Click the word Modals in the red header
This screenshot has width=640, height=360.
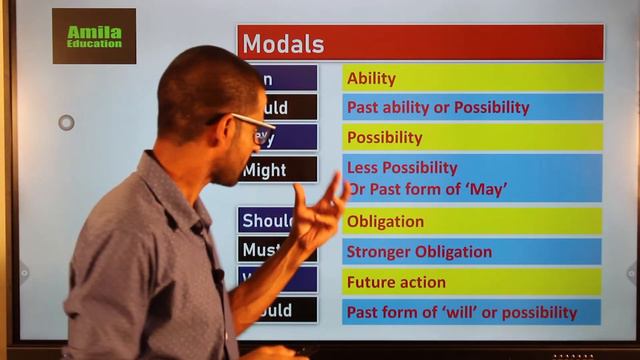(x=284, y=44)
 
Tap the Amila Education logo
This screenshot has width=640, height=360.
(x=94, y=36)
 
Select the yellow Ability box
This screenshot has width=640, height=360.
(x=472, y=78)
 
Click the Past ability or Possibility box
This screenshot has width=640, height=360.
(x=472, y=107)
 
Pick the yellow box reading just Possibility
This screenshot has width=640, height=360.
(x=472, y=137)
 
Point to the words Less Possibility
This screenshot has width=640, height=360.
(x=402, y=168)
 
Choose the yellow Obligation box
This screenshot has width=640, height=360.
(x=472, y=221)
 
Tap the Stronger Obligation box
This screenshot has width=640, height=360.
(x=472, y=251)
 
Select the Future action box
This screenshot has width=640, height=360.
(x=472, y=282)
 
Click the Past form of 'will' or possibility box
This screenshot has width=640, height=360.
(x=472, y=312)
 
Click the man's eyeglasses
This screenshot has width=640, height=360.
(x=250, y=127)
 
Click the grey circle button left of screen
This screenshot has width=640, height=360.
(x=66, y=122)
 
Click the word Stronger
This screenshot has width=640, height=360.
(x=383, y=251)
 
